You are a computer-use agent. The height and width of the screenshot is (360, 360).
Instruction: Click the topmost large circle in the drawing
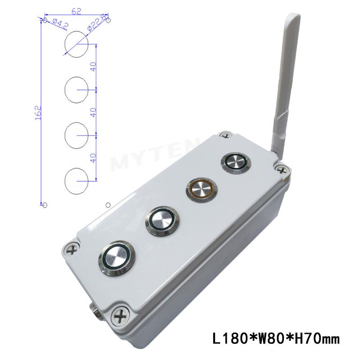(x=77, y=44)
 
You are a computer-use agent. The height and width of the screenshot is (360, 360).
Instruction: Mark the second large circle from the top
(x=77, y=90)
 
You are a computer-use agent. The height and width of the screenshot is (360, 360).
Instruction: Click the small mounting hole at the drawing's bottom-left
(x=45, y=205)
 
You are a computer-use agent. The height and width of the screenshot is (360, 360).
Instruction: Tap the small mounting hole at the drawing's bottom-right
(x=108, y=205)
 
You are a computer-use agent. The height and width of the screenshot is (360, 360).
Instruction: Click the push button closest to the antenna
(x=234, y=163)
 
